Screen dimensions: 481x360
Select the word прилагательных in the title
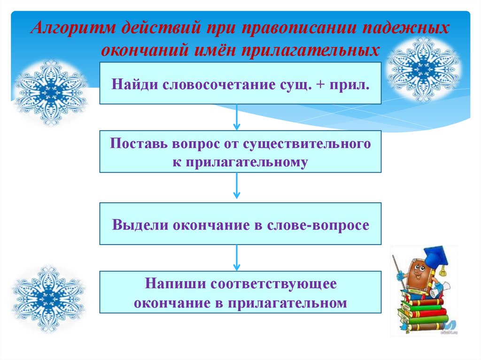tap(310, 49)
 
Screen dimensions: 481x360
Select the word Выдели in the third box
tap(140, 225)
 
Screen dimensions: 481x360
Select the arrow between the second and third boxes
tap(237, 187)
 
